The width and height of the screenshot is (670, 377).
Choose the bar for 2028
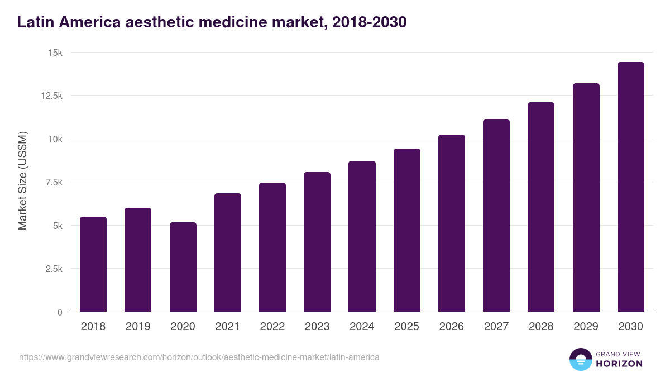(541, 207)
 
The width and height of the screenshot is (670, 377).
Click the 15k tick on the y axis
(55, 53)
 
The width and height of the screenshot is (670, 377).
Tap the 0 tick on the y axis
(60, 312)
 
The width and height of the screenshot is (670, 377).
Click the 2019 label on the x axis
(138, 327)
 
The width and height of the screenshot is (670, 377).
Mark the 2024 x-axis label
(362, 327)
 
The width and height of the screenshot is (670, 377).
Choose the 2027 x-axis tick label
(496, 327)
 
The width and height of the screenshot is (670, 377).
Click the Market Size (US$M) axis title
(22, 180)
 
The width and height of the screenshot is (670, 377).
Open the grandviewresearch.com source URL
(199, 357)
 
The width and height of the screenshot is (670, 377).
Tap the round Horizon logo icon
(580, 359)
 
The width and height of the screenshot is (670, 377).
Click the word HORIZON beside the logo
(619, 364)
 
